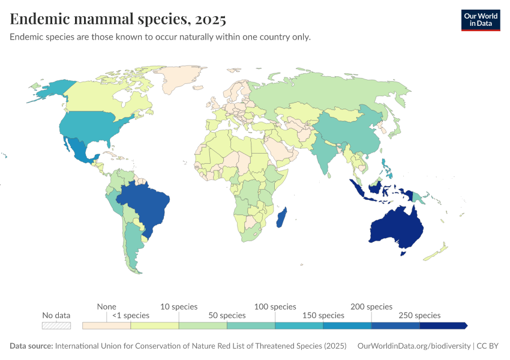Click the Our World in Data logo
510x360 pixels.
click(x=480, y=20)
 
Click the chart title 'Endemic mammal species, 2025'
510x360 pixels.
click(x=118, y=19)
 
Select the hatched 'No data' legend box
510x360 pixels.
click(x=56, y=326)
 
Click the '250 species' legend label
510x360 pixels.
click(x=419, y=315)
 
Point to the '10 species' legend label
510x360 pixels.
click(x=179, y=307)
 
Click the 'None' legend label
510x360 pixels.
click(x=106, y=307)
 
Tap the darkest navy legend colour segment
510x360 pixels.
click(x=442, y=326)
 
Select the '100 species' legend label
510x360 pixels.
click(x=275, y=307)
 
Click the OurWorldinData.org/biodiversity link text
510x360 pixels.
click(x=413, y=346)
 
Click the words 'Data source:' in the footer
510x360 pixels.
click(x=31, y=346)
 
